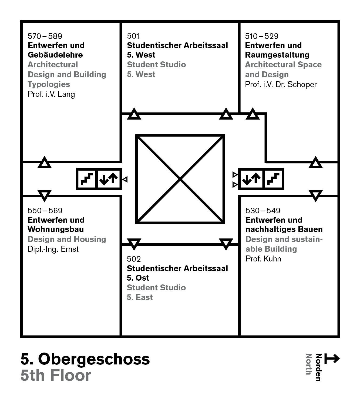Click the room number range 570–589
tap(45, 36)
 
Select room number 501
tap(133, 36)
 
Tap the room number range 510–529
tap(262, 36)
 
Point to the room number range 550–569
tap(45, 211)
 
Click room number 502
tap(134, 259)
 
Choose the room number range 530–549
tap(263, 211)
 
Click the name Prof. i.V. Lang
tap(51, 94)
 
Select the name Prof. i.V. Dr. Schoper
tap(281, 84)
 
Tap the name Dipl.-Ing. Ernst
tap(53, 249)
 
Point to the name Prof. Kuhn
tap(263, 259)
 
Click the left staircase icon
tap(87, 179)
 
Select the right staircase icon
tap(273, 179)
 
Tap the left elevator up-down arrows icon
tap(109, 179)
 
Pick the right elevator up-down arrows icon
tap(251, 179)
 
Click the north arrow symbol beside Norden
tap(332, 359)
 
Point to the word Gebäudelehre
tap(55, 55)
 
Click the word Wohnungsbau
tap(56, 229)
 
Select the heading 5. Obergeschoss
tap(85, 359)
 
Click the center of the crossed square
tap(180, 179)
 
